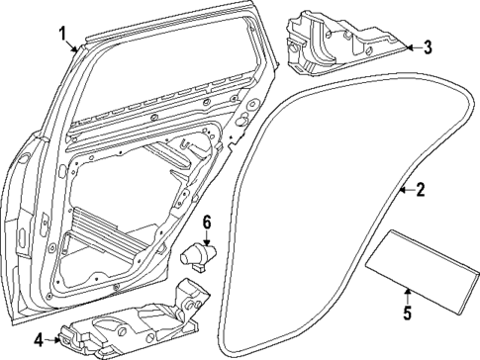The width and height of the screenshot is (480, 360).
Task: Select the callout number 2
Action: [420, 191]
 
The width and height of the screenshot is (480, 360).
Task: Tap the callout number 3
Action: [428, 46]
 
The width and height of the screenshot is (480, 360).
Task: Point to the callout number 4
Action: [38, 340]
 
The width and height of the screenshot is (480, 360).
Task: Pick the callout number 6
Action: [208, 221]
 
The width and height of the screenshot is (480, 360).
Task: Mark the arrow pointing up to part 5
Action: [406, 295]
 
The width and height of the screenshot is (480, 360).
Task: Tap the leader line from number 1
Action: [74, 45]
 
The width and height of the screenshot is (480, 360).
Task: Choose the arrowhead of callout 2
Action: [398, 188]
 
